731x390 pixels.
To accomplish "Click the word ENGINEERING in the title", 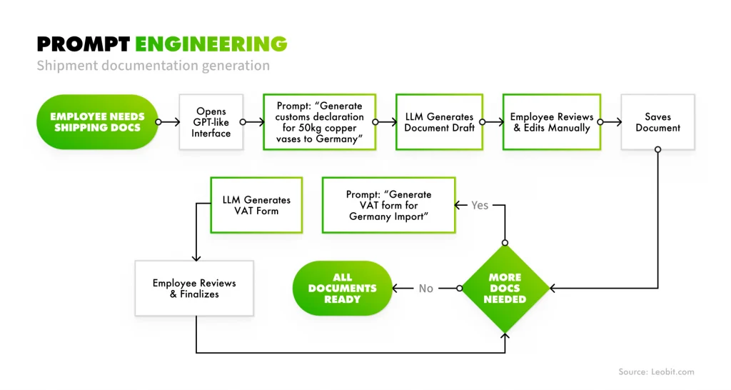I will pyautogui.click(x=211, y=44).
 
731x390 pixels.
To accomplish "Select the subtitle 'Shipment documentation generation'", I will pyautogui.click(x=153, y=66).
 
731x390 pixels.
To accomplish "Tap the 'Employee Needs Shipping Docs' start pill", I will pyautogui.click(x=97, y=122).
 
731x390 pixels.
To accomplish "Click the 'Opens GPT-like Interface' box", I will pyautogui.click(x=211, y=122).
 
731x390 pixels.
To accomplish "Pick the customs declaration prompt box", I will pyautogui.click(x=320, y=122).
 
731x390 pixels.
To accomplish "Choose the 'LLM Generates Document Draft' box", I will pyautogui.click(x=438, y=122).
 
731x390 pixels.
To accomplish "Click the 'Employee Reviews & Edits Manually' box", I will pyautogui.click(x=551, y=122).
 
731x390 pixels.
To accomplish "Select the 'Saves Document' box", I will pyautogui.click(x=657, y=122).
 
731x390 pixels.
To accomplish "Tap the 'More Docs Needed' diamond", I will pyautogui.click(x=505, y=289).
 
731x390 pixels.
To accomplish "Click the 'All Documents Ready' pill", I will pyautogui.click(x=343, y=289).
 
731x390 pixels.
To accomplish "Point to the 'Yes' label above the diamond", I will pyautogui.click(x=480, y=206).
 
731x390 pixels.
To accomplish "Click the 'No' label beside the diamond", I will pyautogui.click(x=426, y=289).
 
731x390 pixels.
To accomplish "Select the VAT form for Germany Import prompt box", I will pyautogui.click(x=389, y=206).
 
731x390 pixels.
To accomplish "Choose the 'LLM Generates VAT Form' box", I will pyautogui.click(x=256, y=206).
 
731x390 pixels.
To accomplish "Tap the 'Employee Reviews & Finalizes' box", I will pyautogui.click(x=194, y=289).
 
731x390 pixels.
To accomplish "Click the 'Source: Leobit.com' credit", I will pyautogui.click(x=656, y=372).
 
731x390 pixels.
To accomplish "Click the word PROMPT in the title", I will pyautogui.click(x=84, y=44).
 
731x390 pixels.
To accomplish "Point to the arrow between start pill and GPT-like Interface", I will pyautogui.click(x=168, y=122).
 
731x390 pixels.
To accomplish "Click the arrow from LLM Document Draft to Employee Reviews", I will pyautogui.click(x=493, y=122).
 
